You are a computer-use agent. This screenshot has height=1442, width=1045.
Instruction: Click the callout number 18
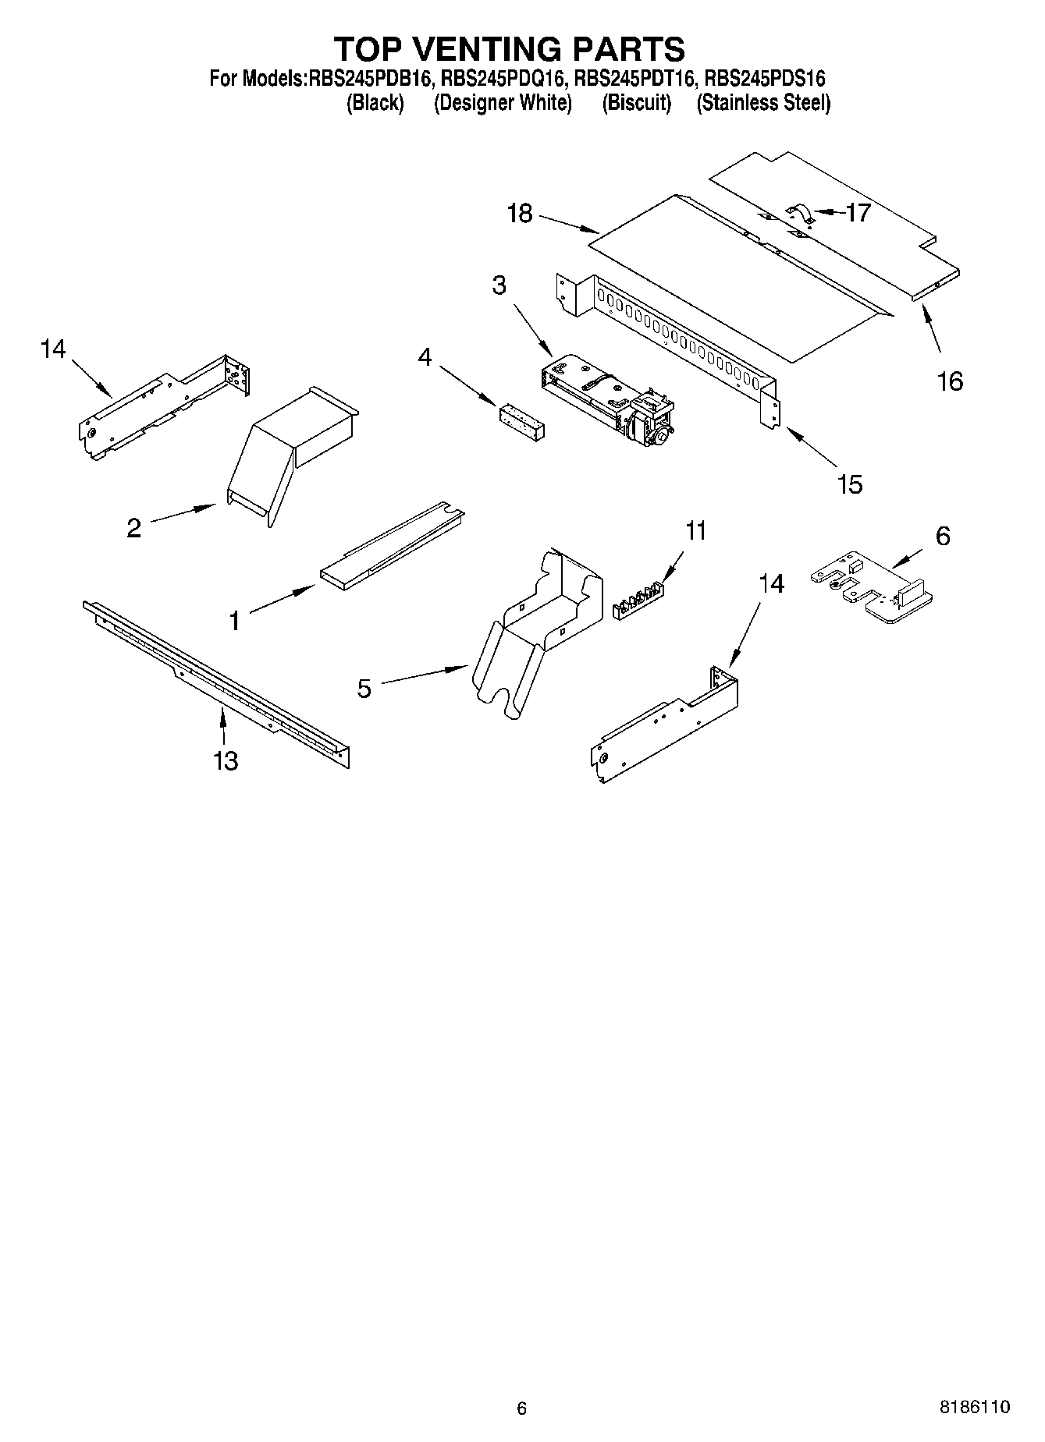click(519, 213)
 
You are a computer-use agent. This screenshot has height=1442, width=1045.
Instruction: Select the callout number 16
click(950, 381)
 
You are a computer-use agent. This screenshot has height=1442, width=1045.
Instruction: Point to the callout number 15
click(849, 484)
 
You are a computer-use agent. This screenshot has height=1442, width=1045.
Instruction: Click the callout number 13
click(226, 760)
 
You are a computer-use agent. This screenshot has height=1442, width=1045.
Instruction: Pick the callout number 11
click(695, 531)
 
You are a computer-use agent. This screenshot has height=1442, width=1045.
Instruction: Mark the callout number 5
click(364, 689)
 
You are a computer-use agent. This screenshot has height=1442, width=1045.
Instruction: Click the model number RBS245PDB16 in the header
click(370, 78)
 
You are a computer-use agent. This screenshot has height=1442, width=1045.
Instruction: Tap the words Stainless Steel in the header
click(763, 102)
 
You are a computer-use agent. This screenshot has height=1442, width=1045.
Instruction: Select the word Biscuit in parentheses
click(637, 102)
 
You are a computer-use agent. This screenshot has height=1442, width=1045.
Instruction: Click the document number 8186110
click(974, 1407)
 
